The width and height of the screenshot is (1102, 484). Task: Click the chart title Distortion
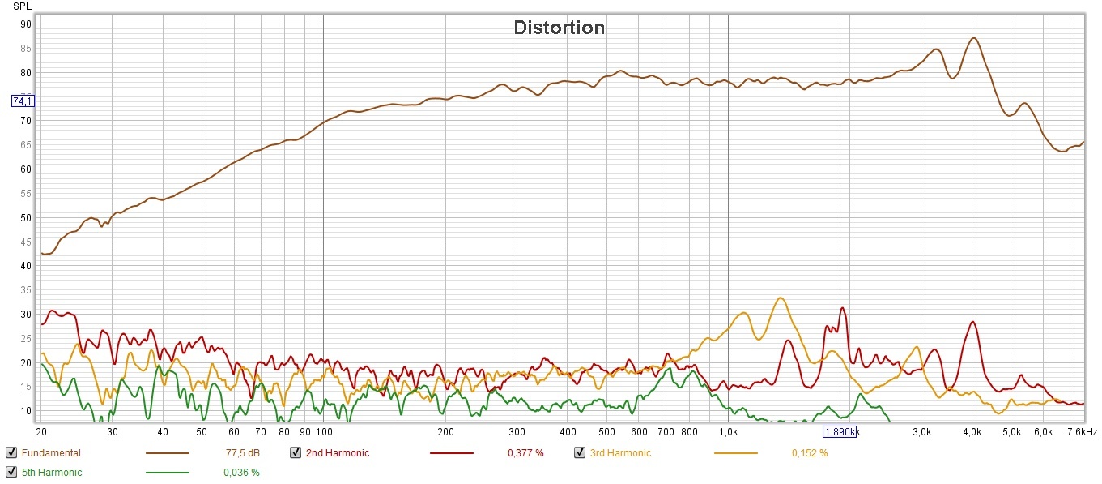(559, 28)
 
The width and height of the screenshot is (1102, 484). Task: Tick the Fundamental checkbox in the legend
(11, 453)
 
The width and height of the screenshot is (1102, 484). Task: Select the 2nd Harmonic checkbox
(296, 453)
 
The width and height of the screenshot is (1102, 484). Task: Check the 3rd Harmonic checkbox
(580, 453)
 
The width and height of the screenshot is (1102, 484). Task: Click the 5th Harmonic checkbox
(11, 472)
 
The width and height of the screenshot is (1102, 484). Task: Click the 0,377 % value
(525, 453)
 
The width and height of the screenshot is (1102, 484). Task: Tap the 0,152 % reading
(810, 453)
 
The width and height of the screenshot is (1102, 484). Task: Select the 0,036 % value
(241, 472)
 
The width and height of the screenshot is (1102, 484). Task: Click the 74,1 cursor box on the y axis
(22, 101)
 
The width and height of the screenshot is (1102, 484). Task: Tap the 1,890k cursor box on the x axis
(840, 432)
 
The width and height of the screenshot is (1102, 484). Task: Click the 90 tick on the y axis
(26, 24)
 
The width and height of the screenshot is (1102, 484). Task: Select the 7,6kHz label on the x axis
(1082, 432)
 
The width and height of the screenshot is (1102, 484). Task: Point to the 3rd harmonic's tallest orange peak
(780, 298)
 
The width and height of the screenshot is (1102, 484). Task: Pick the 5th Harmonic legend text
(52, 472)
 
